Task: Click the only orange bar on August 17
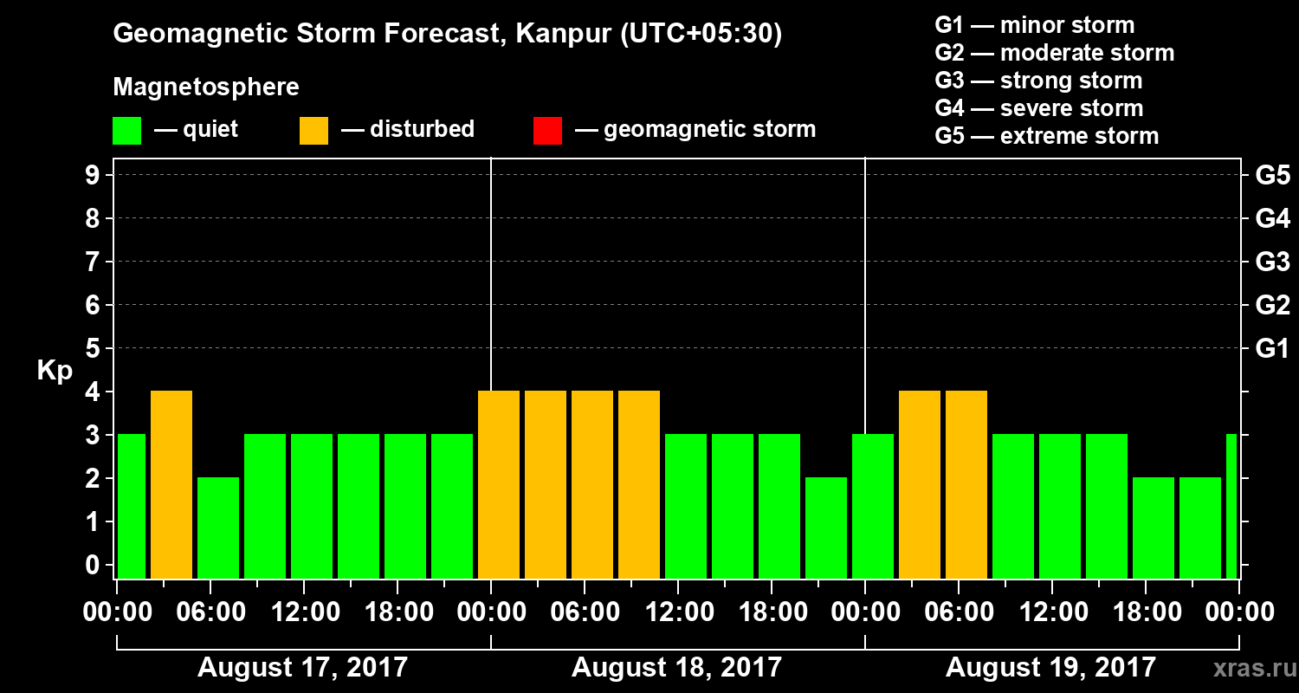coord(171,485)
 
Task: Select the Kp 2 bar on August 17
coord(218,528)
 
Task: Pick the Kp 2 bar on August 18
coord(826,528)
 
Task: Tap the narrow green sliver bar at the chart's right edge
coord(1231,507)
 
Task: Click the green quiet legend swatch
coord(126,131)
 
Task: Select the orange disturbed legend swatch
coord(313,131)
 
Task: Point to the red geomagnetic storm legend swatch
coord(547,131)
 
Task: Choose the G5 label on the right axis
coord(1272,176)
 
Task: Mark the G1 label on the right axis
coord(1272,349)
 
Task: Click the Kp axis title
coord(55,371)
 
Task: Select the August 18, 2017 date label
coord(676,667)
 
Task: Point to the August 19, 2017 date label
coord(1050,667)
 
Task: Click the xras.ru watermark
coord(1248,668)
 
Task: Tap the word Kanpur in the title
coord(551,34)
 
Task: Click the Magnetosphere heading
coord(206,87)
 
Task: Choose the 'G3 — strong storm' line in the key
coord(1038,81)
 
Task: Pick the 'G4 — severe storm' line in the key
coord(1039,108)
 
